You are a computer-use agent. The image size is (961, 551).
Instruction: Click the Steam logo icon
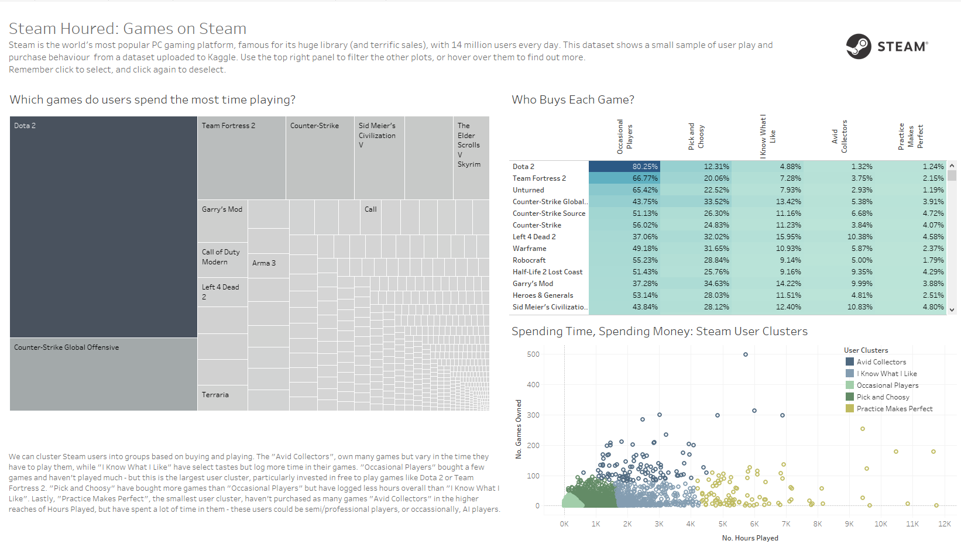pyautogui.click(x=859, y=46)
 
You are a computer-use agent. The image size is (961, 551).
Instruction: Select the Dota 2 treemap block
pyautogui.click(x=103, y=226)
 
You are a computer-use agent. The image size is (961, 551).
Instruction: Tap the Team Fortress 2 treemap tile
pyautogui.click(x=241, y=157)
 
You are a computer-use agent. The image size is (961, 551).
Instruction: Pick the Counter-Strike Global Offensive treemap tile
pyautogui.click(x=103, y=374)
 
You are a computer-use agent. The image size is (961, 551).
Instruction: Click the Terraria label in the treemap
pyautogui.click(x=215, y=395)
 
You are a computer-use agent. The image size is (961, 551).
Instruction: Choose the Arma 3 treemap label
pyautogui.click(x=264, y=263)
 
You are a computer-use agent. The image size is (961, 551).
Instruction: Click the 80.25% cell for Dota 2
pyautogui.click(x=624, y=167)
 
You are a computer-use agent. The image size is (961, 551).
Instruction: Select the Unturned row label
pyautogui.click(x=528, y=190)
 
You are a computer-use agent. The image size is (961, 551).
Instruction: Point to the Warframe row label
pyautogui.click(x=529, y=249)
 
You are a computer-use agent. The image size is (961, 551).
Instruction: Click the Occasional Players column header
pyautogui.click(x=624, y=136)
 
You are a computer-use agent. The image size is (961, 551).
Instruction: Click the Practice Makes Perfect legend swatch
pyautogui.click(x=850, y=408)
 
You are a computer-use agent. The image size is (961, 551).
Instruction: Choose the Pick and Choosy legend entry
pyautogui.click(x=883, y=397)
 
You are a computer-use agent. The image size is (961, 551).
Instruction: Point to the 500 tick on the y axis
pyautogui.click(x=533, y=354)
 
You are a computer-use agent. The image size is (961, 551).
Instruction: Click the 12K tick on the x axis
pyautogui.click(x=944, y=524)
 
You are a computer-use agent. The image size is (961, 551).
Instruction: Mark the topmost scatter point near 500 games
pyautogui.click(x=745, y=354)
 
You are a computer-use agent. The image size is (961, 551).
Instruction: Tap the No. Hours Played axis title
pyautogui.click(x=750, y=538)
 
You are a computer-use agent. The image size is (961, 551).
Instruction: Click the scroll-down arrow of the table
pyautogui.click(x=952, y=309)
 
